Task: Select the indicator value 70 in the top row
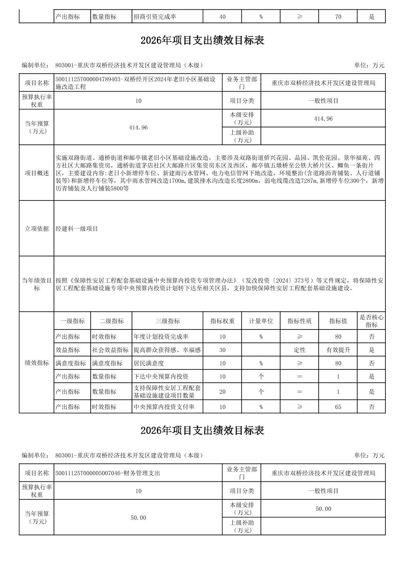[x=338, y=17]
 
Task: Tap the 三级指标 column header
[x=167, y=321]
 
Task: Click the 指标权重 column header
[x=222, y=321]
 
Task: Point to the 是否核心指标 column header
[x=371, y=321]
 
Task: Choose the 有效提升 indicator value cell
[x=338, y=350]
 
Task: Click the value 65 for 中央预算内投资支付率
[x=338, y=407]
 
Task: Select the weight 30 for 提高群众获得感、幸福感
[x=222, y=350]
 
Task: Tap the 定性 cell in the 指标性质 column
[x=299, y=350]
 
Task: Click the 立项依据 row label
[x=37, y=228]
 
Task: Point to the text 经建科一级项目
[x=77, y=229]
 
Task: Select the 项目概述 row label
[x=37, y=173]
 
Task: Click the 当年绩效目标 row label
[x=37, y=284]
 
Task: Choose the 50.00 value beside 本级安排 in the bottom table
[x=323, y=509]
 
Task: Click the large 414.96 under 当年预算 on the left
[x=138, y=128]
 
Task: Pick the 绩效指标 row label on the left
[x=37, y=363]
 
